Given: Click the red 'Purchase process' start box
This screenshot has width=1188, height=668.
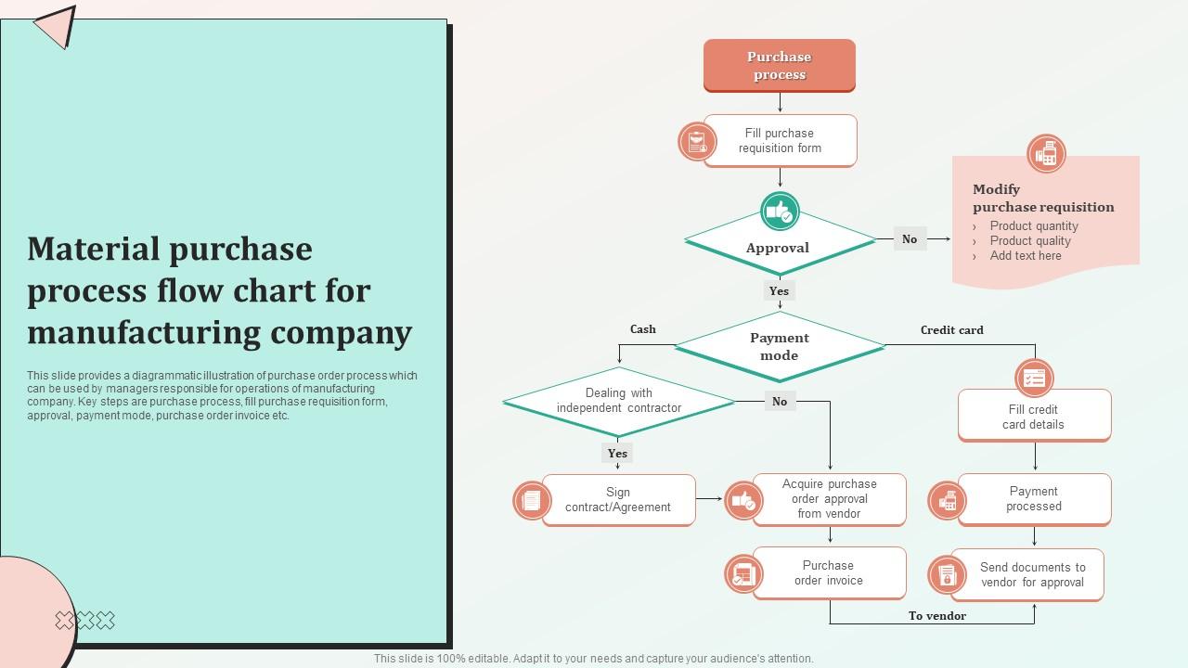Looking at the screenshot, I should pyautogui.click(x=779, y=65).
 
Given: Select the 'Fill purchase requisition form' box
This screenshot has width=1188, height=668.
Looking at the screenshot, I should pyautogui.click(x=780, y=140).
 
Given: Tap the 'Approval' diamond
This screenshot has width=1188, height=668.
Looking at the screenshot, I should pyautogui.click(x=779, y=248).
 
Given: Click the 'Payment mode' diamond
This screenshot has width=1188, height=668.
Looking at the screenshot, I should pyautogui.click(x=780, y=346).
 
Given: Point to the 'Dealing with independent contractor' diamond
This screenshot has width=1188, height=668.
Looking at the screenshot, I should pyautogui.click(x=619, y=401).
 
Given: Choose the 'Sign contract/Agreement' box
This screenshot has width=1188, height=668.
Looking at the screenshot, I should pyautogui.click(x=618, y=499).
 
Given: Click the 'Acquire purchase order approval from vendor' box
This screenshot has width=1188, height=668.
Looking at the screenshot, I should pyautogui.click(x=829, y=499).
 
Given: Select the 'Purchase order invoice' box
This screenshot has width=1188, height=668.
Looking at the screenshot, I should pyautogui.click(x=829, y=572).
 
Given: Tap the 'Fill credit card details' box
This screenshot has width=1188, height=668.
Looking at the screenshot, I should pyautogui.click(x=1034, y=417).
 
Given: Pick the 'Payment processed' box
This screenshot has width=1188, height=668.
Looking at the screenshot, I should pyautogui.click(x=1034, y=499).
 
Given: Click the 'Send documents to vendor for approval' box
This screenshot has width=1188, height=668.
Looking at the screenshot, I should pyautogui.click(x=1032, y=575).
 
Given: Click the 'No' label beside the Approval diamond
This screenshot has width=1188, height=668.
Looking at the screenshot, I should pyautogui.click(x=910, y=238).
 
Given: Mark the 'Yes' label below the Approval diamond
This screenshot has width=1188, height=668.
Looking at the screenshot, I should pyautogui.click(x=779, y=290).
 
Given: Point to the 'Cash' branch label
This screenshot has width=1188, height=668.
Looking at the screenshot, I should pyautogui.click(x=643, y=329).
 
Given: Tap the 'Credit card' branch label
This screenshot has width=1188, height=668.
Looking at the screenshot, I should pyautogui.click(x=951, y=329).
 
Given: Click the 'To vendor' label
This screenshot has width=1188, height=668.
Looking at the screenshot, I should pyautogui.click(x=937, y=615).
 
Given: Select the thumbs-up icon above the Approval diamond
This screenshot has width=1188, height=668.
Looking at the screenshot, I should pyautogui.click(x=780, y=212).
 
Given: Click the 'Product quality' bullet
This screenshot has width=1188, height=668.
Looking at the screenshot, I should pyautogui.click(x=1030, y=240).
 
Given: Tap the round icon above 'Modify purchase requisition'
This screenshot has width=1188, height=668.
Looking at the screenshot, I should pyautogui.click(x=1046, y=153).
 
